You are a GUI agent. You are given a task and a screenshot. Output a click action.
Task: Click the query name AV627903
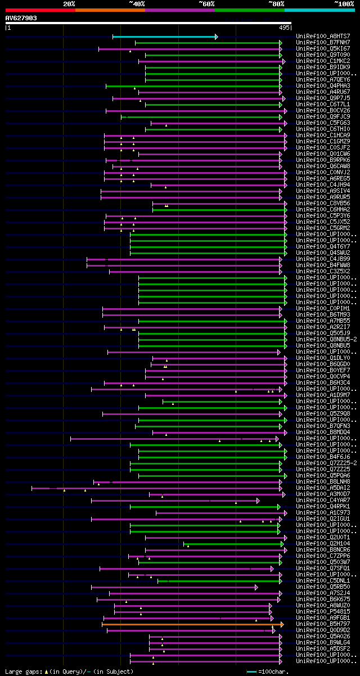point(21,18)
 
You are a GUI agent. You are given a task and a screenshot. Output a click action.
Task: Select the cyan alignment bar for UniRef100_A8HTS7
point(165,37)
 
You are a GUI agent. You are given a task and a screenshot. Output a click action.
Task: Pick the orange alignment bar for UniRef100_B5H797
point(192,624)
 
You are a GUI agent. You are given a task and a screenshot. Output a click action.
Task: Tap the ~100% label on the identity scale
point(344,4)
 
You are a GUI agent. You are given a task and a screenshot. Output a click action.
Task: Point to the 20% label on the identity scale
point(69,4)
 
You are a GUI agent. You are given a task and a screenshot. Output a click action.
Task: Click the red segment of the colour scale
point(40,10)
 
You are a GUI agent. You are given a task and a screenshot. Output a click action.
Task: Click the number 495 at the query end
point(284,27)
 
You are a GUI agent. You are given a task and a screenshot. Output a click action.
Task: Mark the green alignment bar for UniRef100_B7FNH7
point(208,43)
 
